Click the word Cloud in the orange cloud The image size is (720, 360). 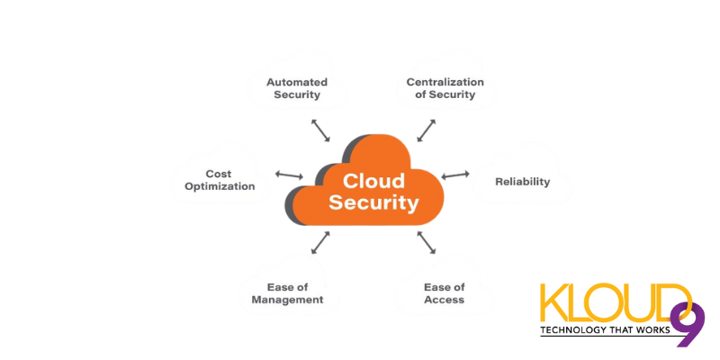click(x=373, y=181)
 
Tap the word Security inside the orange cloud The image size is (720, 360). click(x=373, y=202)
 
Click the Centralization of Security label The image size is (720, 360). click(x=445, y=88)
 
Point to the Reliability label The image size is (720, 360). click(x=522, y=182)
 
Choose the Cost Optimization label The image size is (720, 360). click(x=220, y=180)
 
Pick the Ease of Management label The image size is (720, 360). click(x=287, y=293)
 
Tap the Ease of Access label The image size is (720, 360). click(x=444, y=293)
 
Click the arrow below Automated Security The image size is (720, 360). click(x=319, y=129)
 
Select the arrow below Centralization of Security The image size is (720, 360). click(x=427, y=129)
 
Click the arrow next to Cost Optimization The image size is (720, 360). click(x=289, y=174)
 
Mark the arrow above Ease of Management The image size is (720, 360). click(x=320, y=242)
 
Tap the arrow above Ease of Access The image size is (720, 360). click(x=427, y=241)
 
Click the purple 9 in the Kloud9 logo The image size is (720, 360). click(x=688, y=324)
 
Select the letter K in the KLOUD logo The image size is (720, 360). click(x=552, y=304)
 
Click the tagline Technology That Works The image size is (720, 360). click(x=606, y=330)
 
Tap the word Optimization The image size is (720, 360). click(x=220, y=187)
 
